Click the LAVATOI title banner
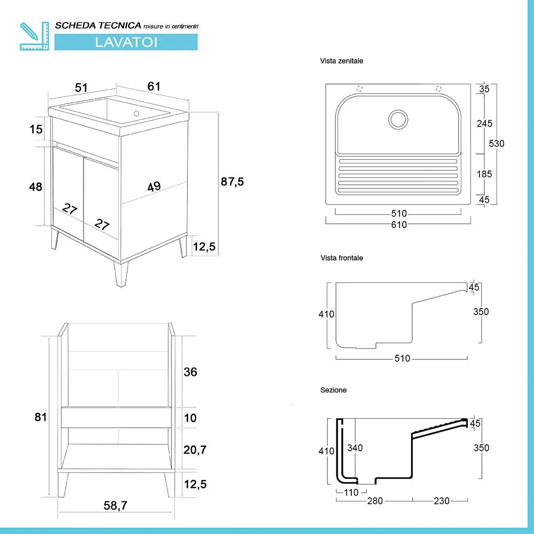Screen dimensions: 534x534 point(126,42)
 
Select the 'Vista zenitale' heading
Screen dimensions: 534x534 point(342,61)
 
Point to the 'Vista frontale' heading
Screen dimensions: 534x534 point(342,258)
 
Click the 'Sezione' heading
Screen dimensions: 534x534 point(334,390)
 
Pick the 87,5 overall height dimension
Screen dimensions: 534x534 point(232,182)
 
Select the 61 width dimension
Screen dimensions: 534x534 point(154,87)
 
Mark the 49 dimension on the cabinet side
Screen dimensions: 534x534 point(154,186)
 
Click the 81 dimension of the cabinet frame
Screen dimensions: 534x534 point(41,417)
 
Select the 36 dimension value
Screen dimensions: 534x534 point(190,372)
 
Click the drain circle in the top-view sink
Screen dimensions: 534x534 point(398,119)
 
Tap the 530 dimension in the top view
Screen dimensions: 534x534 point(496,144)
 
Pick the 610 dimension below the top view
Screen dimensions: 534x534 point(399,225)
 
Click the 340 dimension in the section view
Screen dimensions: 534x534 point(355,448)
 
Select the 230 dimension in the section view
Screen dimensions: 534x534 point(442,501)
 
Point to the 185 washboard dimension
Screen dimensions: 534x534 point(484,174)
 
